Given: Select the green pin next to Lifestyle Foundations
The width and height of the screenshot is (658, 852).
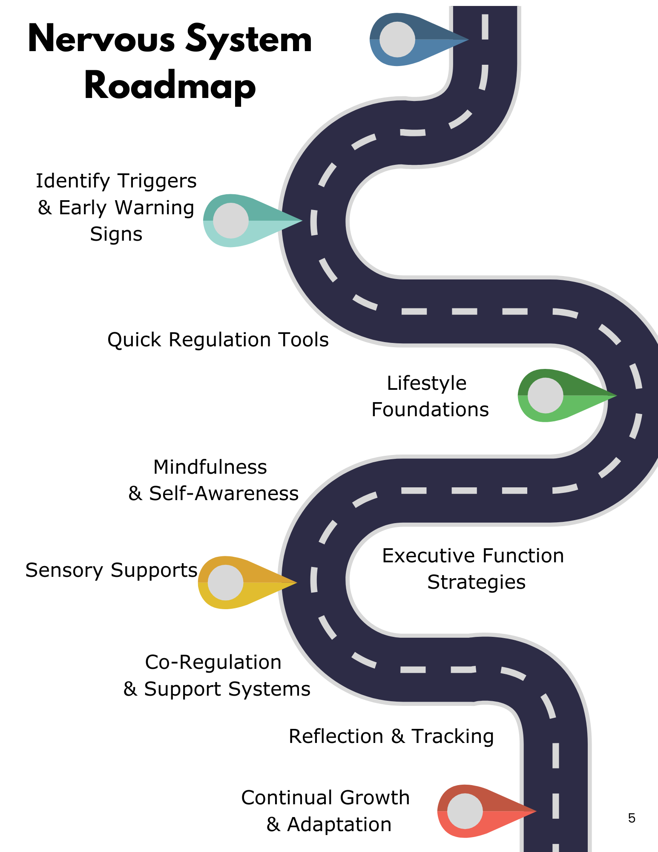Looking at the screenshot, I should pyautogui.click(x=554, y=395).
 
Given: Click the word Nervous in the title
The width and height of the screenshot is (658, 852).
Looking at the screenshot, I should pyautogui.click(x=101, y=39).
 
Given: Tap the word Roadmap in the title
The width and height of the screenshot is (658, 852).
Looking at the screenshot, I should pyautogui.click(x=170, y=86).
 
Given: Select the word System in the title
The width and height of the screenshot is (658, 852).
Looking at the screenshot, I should pyautogui.click(x=249, y=39).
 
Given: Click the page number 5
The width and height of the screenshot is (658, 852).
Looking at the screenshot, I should pyautogui.click(x=632, y=818).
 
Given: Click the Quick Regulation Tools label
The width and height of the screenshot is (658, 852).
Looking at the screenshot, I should pyautogui.click(x=218, y=340).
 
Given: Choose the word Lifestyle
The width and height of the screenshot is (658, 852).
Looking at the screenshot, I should pyautogui.click(x=427, y=383).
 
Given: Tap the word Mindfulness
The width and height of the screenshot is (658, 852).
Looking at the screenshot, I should pyautogui.click(x=210, y=467).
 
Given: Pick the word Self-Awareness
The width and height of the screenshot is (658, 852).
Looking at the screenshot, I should pyautogui.click(x=224, y=493).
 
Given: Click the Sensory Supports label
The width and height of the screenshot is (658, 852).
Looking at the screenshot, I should pyautogui.click(x=111, y=570).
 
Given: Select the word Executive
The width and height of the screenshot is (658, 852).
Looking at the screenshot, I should pyautogui.click(x=431, y=556).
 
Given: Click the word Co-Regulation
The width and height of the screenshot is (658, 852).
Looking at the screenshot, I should pyautogui.click(x=213, y=662).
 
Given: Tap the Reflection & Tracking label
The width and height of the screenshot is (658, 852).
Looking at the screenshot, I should pyautogui.click(x=391, y=736).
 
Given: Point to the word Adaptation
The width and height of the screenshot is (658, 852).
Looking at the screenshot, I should pyautogui.click(x=339, y=824).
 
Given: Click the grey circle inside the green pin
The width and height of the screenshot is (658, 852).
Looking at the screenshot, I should pyautogui.click(x=546, y=395).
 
